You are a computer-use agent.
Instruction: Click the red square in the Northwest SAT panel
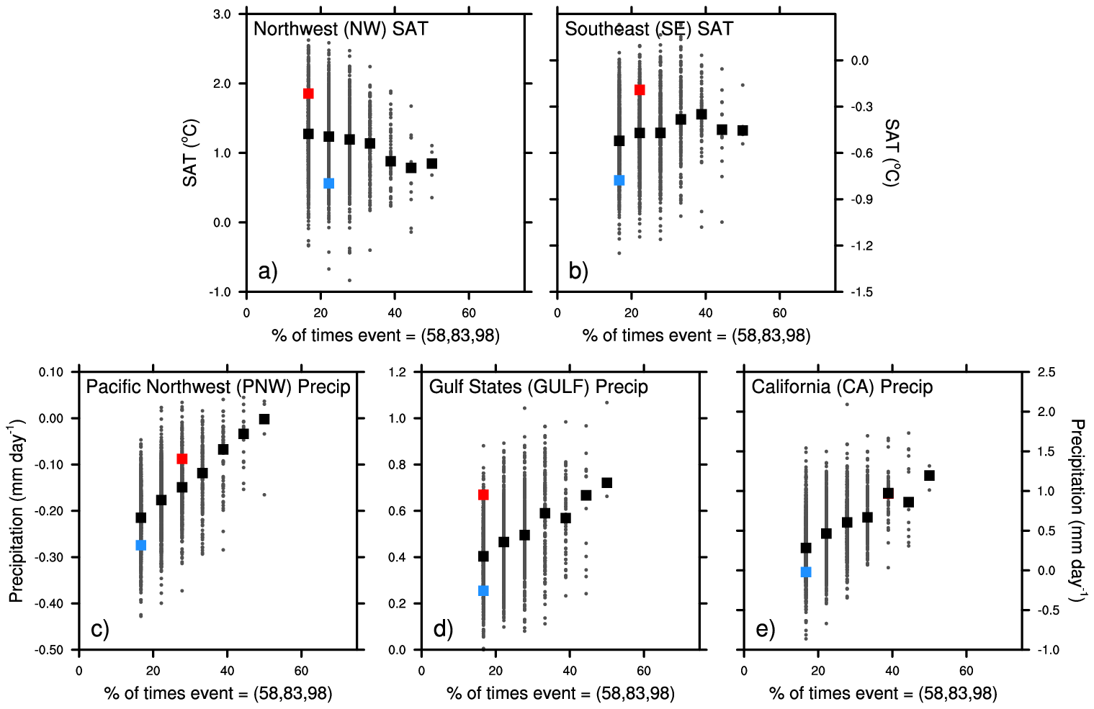pos(308,94)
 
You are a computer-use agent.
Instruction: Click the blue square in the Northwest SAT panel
pos(329,184)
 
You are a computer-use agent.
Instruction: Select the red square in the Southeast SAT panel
pos(640,90)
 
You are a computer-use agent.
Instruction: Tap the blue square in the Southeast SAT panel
pos(619,180)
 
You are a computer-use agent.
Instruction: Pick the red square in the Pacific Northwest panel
pos(182,459)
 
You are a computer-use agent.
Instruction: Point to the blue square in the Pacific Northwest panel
pos(141,545)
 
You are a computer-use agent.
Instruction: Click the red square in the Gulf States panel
pos(483,495)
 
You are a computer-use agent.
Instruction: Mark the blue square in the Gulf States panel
pos(483,591)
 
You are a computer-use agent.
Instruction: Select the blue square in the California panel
pos(806,572)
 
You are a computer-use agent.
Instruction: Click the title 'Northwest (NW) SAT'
pos(341,30)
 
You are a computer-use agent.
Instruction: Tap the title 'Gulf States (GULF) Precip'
pos(538,387)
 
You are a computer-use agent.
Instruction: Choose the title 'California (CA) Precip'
pos(842,387)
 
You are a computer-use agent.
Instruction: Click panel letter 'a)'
pos(267,271)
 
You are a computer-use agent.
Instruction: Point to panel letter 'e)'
pos(765,630)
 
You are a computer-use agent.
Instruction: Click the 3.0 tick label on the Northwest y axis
pos(222,14)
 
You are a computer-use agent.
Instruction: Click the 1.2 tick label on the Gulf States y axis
pos(398,372)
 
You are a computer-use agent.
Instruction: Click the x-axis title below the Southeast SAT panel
pos(696,335)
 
